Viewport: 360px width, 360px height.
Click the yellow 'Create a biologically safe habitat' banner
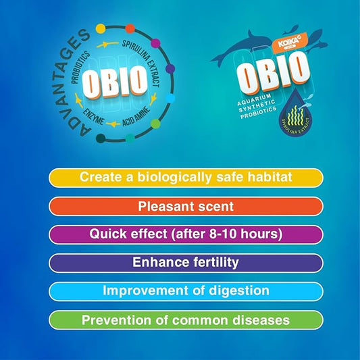(185, 178)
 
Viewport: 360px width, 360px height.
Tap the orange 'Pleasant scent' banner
(185, 206)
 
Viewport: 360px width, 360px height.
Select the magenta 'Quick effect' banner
(185, 234)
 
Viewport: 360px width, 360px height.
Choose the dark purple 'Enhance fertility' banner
(185, 263)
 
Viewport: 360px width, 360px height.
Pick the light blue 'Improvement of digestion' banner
(185, 291)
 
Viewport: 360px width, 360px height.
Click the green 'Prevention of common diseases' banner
(185, 319)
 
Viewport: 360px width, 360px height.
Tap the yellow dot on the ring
(101, 29)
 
